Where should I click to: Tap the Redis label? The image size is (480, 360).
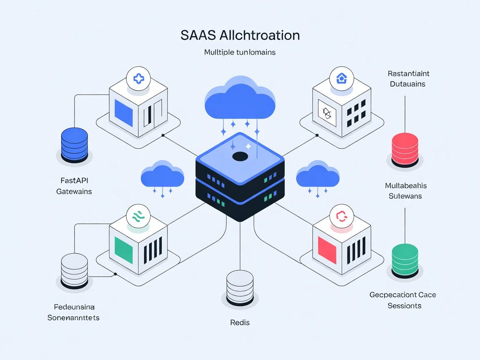coord(240,322)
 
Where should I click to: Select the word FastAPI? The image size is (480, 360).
coord(74,180)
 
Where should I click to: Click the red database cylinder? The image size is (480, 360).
coord(405,148)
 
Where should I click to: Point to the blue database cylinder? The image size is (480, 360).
coord(74,144)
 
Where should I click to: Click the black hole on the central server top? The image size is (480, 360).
coord(240,157)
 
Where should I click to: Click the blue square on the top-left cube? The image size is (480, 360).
coord(120,112)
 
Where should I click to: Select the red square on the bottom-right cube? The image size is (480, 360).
coord(327,250)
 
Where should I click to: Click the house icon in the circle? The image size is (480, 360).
coord(341,77)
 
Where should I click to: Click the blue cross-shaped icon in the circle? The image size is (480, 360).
coord(138,78)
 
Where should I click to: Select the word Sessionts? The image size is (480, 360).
coord(404,306)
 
